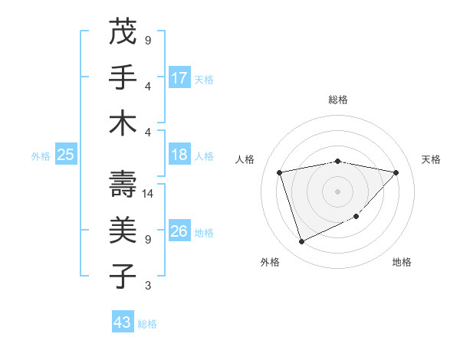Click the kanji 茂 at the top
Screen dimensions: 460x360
pos(123,32)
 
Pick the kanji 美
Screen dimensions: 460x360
pos(123,229)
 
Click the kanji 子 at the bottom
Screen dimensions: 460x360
pos(123,273)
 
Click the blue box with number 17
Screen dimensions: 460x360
pos(179,77)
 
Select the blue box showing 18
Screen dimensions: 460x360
pos(179,155)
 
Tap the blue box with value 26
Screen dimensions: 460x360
pos(179,231)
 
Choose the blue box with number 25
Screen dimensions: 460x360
pos(65,155)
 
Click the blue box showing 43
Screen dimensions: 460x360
pos(123,322)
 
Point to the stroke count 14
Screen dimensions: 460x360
pos(148,194)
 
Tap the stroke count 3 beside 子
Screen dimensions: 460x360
pos(148,286)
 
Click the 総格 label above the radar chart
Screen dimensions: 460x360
pos(337,100)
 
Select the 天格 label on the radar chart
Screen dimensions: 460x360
pos(432,159)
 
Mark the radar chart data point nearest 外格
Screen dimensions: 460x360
pos(301,242)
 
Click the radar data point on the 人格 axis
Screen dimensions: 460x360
pos(280,172)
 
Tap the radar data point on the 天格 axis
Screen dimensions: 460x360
pos(396,172)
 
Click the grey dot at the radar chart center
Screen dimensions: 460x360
pos(337,191)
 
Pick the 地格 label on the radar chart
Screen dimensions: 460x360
pos(402,262)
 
